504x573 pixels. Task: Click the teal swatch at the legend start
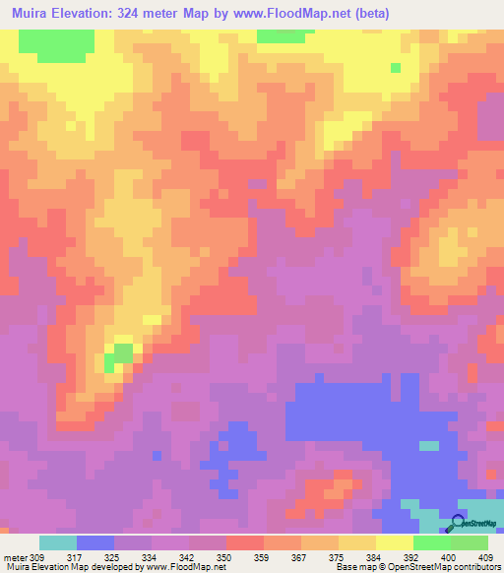57,542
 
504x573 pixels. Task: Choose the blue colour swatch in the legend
95,542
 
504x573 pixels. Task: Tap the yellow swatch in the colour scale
394,542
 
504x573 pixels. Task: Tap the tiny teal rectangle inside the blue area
428,445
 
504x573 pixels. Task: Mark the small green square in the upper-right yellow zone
396,67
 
